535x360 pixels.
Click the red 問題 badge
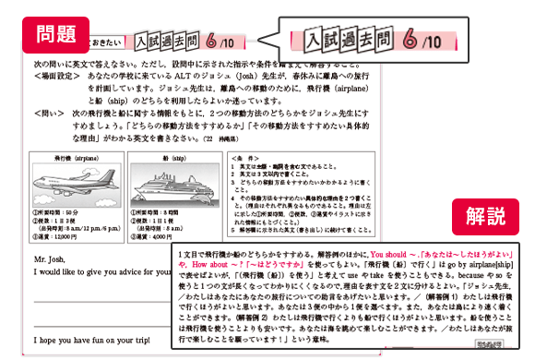[x=54, y=36]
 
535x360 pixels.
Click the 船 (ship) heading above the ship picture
[x=167, y=157]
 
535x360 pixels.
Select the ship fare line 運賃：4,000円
[x=159, y=237]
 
